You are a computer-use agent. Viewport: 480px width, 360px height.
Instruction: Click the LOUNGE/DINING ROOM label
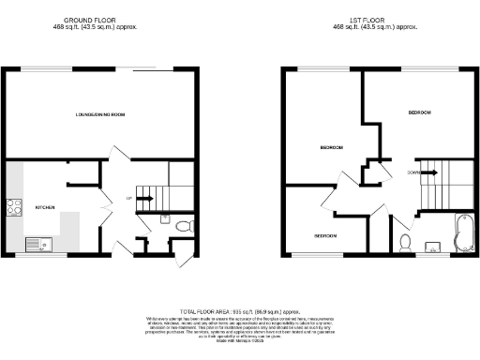pyautogui.click(x=100, y=114)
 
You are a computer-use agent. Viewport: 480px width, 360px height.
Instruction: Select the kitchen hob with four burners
pyautogui.click(x=15, y=207)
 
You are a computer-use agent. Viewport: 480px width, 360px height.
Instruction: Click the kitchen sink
pyautogui.click(x=37, y=246)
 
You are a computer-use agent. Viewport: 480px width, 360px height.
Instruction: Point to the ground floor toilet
pyautogui.click(x=183, y=226)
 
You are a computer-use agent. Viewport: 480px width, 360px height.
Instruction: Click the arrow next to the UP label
pyautogui.click(x=144, y=198)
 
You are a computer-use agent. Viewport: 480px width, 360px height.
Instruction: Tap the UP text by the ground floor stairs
pyautogui.click(x=128, y=198)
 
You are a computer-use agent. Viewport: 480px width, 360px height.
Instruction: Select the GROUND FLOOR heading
pyautogui.click(x=91, y=19)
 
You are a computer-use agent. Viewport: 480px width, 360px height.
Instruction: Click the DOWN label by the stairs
pyautogui.click(x=413, y=172)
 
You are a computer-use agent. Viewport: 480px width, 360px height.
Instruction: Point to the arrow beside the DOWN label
pyautogui.click(x=428, y=172)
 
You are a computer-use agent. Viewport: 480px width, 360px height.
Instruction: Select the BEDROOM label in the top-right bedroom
pyautogui.click(x=419, y=112)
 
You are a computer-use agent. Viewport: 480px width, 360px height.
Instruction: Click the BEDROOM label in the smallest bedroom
pyautogui.click(x=325, y=234)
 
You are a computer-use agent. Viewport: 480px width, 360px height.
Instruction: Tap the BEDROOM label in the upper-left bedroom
pyautogui.click(x=331, y=148)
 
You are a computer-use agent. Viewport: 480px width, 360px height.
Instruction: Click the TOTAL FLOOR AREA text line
pyautogui.click(x=239, y=309)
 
